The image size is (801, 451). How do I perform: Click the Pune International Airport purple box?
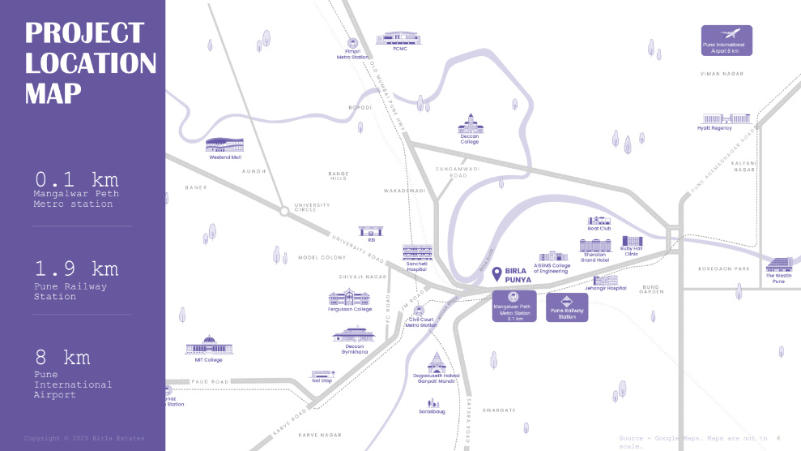726,41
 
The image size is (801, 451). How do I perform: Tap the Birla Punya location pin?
496,275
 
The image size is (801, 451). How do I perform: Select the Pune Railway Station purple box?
567,307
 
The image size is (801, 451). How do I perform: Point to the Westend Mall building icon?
224,145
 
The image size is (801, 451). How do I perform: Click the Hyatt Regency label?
714,128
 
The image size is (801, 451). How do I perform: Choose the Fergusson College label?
351,309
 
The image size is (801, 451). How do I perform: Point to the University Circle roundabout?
284,211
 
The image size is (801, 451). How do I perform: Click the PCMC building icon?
399,38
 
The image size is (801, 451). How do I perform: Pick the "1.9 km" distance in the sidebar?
76,268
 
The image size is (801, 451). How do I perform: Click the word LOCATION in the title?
91,63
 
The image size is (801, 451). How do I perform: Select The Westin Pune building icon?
778,265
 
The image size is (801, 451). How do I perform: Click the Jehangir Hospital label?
605,289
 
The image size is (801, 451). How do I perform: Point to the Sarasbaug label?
432,411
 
